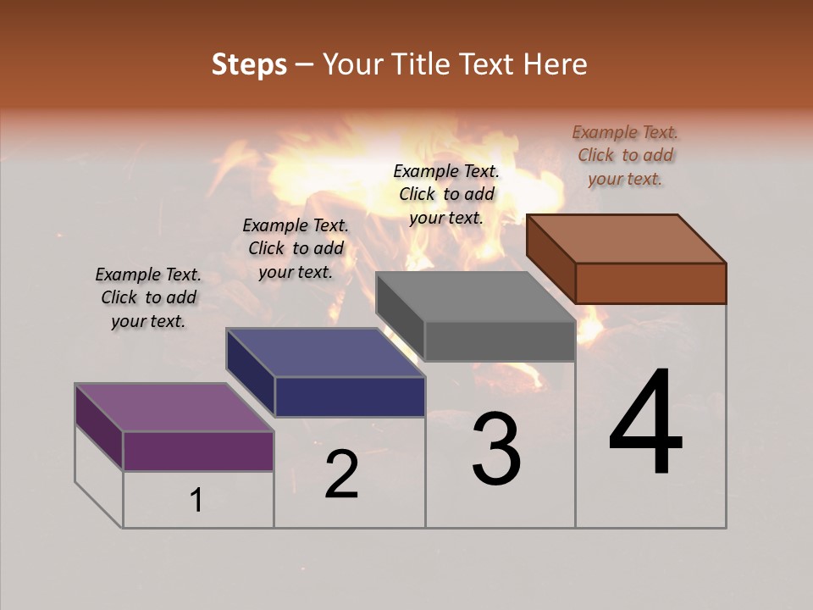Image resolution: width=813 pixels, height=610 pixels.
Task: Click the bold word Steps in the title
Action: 249,64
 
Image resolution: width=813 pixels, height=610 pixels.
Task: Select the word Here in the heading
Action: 555,64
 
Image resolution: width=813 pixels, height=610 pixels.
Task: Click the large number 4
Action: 646,424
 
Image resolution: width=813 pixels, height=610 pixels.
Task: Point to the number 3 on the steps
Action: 496,449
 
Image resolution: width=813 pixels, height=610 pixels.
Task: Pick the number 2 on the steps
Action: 342,474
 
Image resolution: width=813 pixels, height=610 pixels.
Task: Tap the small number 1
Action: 196,501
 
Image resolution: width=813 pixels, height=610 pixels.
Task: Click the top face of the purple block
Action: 174,408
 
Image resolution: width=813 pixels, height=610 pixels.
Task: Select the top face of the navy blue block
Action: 325,352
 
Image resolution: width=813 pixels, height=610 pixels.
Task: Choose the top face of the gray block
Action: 475,297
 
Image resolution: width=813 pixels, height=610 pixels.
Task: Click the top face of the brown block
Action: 627,238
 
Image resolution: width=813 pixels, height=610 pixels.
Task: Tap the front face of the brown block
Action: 650,283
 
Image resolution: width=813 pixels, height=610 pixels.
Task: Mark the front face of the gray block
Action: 500,341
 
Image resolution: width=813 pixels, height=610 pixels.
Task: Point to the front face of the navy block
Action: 350,396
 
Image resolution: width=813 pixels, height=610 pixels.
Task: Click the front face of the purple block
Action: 198,451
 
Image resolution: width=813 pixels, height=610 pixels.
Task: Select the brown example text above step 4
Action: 626,155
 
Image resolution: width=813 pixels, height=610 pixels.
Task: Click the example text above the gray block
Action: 446,194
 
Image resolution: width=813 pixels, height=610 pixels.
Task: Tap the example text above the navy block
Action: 296,248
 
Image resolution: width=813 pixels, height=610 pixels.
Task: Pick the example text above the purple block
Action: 148,297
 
